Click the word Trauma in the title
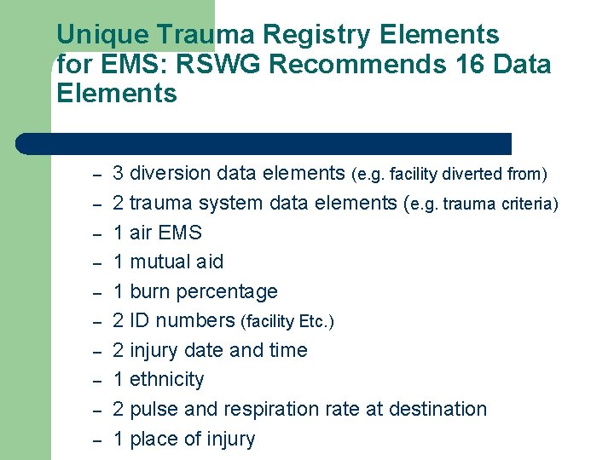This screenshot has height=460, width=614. [206, 35]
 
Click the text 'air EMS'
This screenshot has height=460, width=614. [165, 233]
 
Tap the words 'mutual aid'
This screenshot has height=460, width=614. [177, 262]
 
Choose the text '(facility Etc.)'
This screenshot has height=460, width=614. [288, 321]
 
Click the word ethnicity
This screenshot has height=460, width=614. [167, 379]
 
